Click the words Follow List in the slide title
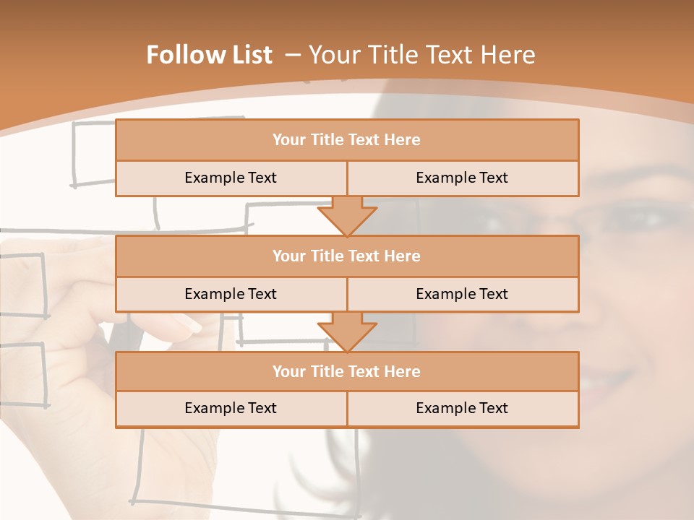point(209,55)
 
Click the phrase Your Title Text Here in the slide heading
point(421,55)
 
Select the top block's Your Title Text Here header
point(346,140)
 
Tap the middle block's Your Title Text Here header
point(346,256)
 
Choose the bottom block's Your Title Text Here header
point(346,371)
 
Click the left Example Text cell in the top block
point(231,178)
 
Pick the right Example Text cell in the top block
point(462,178)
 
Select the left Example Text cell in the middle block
point(231,294)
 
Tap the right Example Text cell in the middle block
point(462,294)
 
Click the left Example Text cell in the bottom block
point(231,408)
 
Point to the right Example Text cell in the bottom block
point(462,408)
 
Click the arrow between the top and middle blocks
point(347,217)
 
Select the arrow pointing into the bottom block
point(347,332)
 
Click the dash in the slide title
point(293,55)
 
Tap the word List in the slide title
point(250,55)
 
